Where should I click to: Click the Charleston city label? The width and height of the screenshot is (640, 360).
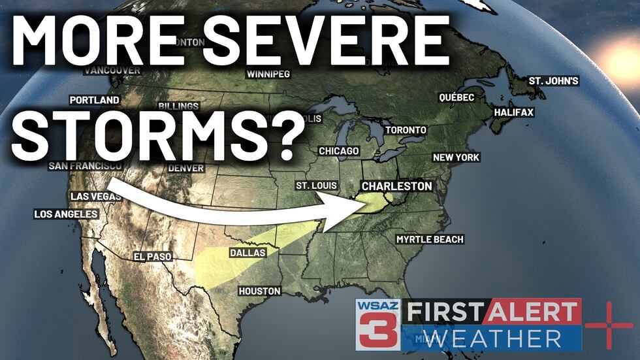click(396, 186)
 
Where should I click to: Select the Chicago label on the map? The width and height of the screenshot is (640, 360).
click(339, 151)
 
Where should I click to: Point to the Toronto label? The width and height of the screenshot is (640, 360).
click(406, 130)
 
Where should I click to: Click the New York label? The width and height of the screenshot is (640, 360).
click(456, 157)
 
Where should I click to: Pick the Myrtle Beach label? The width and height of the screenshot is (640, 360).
click(430, 239)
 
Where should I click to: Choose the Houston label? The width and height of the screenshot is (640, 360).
click(259, 291)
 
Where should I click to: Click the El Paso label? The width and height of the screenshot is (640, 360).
click(152, 257)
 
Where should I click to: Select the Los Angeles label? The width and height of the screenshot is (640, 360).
click(66, 214)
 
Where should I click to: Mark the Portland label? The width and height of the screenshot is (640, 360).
click(95, 100)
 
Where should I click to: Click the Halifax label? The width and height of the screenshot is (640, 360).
click(513, 112)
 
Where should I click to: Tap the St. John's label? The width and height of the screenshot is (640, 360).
click(553, 81)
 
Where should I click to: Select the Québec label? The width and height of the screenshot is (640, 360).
click(456, 97)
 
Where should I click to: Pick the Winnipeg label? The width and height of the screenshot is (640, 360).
click(268, 74)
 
